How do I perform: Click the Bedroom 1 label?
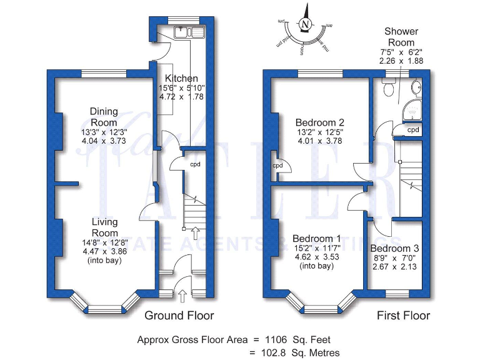317,239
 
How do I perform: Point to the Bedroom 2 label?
320,122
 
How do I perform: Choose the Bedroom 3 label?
396,249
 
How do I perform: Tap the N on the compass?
305,24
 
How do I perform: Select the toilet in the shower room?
389,89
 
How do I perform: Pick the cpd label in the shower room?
412,130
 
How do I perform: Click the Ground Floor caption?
179,316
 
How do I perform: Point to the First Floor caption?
403,316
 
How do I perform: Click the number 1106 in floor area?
275,339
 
